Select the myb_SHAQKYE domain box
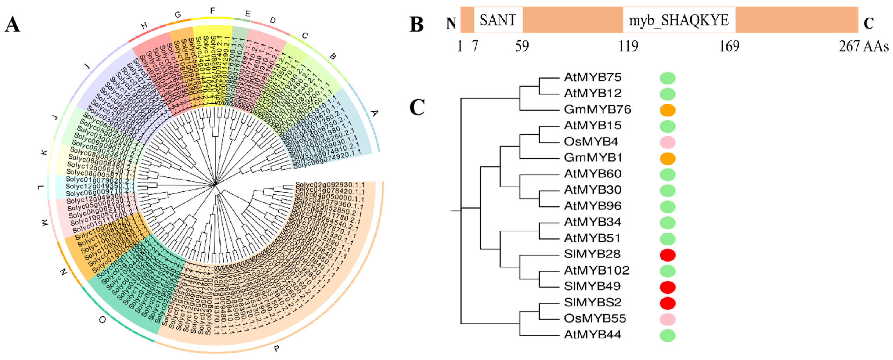(679, 20)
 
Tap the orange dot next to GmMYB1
(667, 158)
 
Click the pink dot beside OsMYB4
(667, 142)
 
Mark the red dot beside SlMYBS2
(667, 303)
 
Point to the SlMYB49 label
(592, 286)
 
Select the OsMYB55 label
(595, 319)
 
